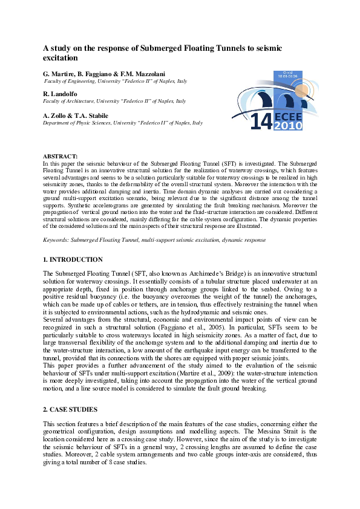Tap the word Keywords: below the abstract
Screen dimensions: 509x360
54,240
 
